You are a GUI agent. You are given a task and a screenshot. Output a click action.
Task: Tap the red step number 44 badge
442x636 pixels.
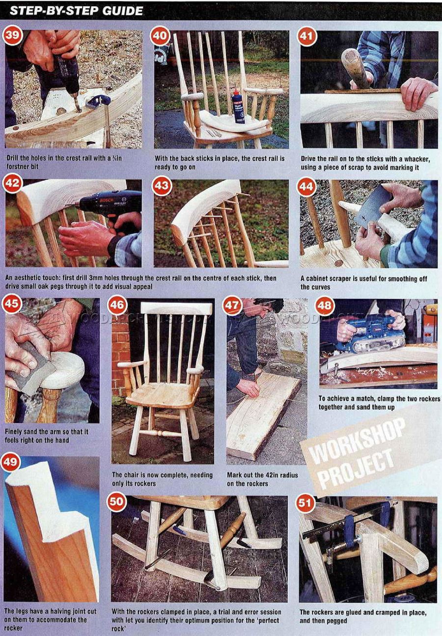[x=307, y=187]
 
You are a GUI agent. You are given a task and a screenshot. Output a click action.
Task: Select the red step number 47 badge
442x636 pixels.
[x=232, y=305]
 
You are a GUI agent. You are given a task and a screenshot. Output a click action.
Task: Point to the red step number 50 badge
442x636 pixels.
[x=116, y=502]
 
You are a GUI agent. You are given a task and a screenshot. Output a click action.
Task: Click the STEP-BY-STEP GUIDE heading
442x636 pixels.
[x=77, y=10]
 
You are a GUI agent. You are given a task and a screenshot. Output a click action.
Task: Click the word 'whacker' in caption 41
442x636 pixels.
[x=419, y=159]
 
